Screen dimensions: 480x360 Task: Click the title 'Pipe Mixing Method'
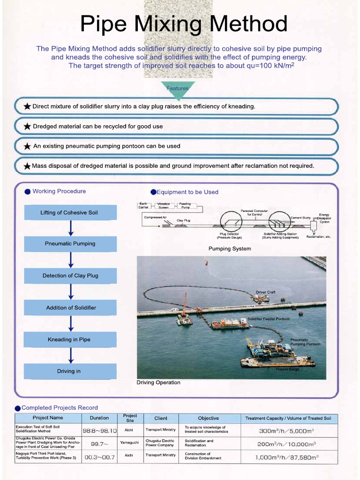(x=184, y=24)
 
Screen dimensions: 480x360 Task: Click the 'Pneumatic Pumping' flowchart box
(x=70, y=244)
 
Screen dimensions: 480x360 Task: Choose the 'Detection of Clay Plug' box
(x=70, y=276)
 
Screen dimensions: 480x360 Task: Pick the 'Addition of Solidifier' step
(x=71, y=307)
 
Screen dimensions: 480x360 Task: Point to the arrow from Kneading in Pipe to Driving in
(x=71, y=355)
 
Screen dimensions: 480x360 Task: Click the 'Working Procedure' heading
(x=59, y=191)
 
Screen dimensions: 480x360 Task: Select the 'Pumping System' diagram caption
(x=230, y=249)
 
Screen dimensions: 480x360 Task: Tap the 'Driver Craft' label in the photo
(x=265, y=292)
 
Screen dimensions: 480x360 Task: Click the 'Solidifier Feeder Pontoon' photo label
(x=269, y=319)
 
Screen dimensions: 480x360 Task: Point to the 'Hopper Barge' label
(x=287, y=369)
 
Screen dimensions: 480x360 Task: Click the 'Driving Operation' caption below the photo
(x=158, y=382)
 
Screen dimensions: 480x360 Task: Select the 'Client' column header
(x=161, y=418)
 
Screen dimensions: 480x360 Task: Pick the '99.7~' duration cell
(x=99, y=443)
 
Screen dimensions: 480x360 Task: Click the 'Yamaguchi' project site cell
(x=129, y=442)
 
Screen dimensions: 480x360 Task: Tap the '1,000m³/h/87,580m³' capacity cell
(x=287, y=457)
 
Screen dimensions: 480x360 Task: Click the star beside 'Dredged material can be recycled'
(x=27, y=127)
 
